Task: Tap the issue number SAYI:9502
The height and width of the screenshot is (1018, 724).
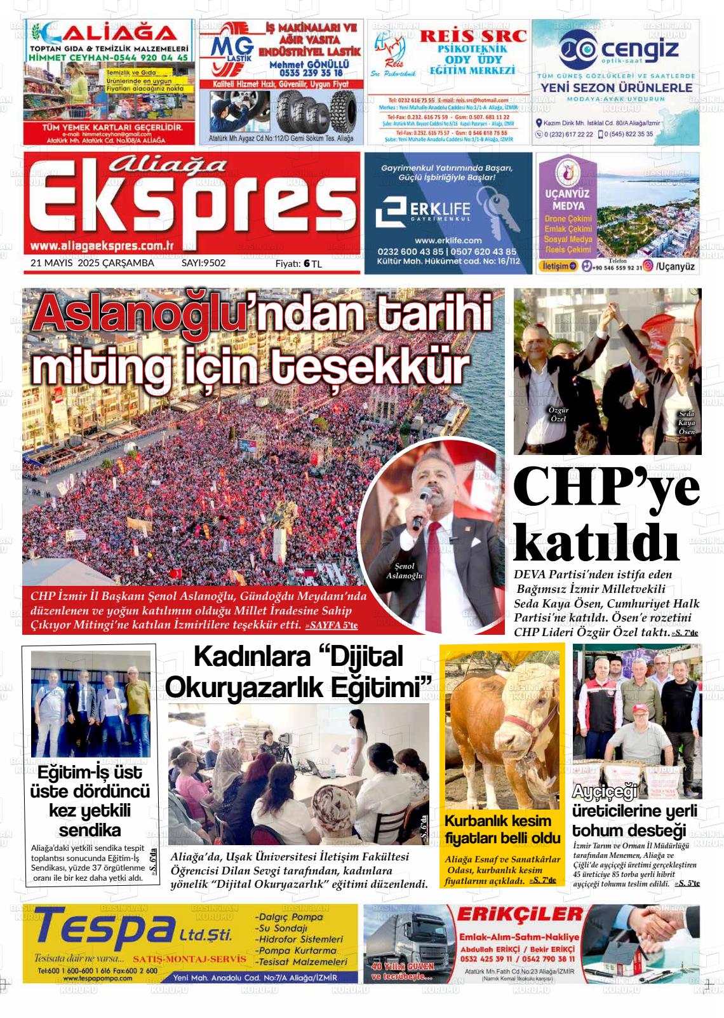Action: pyautogui.click(x=203, y=262)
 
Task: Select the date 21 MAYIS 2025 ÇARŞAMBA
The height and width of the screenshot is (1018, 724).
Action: pyautogui.click(x=92, y=262)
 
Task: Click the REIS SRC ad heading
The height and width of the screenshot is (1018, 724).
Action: pyautogui.click(x=473, y=36)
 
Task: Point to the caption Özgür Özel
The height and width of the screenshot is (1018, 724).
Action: pyautogui.click(x=558, y=414)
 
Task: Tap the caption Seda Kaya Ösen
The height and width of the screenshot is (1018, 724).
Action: pyautogui.click(x=687, y=423)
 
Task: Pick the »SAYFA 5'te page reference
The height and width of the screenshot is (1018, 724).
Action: pyautogui.click(x=332, y=626)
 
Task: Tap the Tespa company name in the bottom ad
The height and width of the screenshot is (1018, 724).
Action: pyautogui.click(x=102, y=929)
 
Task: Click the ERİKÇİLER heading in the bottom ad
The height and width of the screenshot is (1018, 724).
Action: pyautogui.click(x=520, y=914)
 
